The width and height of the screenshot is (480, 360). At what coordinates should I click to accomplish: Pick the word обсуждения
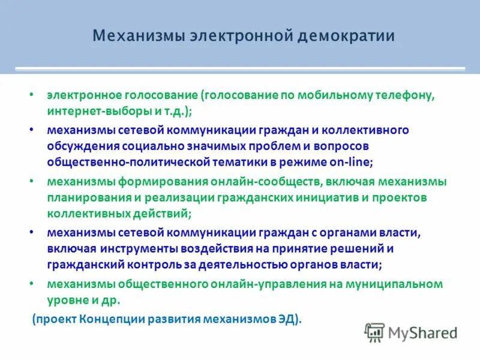(82, 146)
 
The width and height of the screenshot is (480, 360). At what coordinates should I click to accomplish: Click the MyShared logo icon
(375, 331)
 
